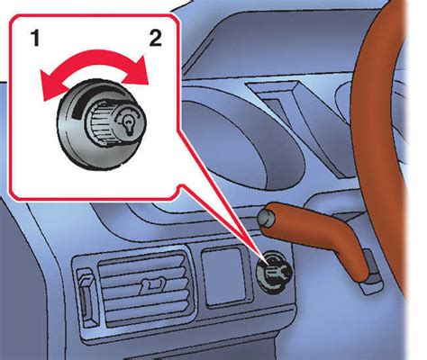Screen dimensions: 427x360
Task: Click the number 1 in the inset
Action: tap(36, 39)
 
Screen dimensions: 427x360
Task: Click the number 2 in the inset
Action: tap(156, 39)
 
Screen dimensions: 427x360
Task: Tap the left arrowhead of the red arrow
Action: tap(52, 87)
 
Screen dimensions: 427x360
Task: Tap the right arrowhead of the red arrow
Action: tap(138, 72)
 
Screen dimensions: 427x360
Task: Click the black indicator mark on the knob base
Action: tap(78, 108)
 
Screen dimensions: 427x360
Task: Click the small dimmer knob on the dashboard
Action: tap(274, 272)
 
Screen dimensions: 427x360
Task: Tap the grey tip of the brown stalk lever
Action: tap(266, 217)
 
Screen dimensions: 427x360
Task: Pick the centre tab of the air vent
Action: tap(152, 284)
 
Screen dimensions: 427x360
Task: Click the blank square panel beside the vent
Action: tap(225, 276)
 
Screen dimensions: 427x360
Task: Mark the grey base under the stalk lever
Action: tap(370, 276)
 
